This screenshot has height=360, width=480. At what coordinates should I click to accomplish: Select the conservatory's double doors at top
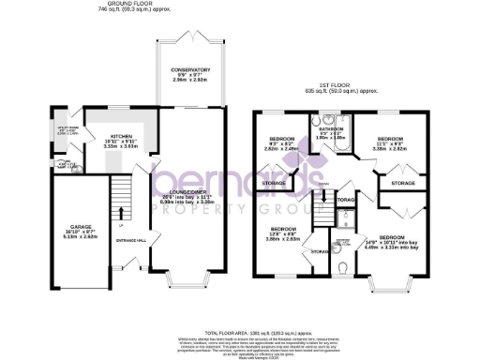189,37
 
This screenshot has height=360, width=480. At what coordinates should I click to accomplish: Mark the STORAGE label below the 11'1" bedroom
403,183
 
